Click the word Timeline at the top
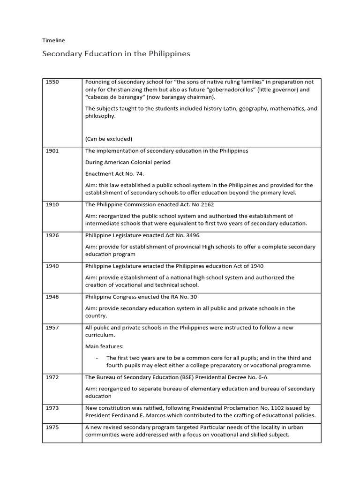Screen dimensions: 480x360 click(53, 41)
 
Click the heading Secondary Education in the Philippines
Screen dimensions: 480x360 click(110, 53)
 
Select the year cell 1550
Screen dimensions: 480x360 click(52, 82)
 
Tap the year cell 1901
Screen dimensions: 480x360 click(52, 151)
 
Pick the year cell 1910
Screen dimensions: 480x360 click(52, 205)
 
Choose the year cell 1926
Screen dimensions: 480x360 click(52, 235)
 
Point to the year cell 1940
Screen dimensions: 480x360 click(52, 266)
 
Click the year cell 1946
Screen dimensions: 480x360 click(52, 297)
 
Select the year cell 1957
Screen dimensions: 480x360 click(52, 327)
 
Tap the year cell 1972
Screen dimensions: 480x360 click(52, 377)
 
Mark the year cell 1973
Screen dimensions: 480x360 click(52, 408)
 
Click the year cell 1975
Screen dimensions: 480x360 click(52, 427)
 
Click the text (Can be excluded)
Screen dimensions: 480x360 click(109, 139)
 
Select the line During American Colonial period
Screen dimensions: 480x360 click(127, 162)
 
